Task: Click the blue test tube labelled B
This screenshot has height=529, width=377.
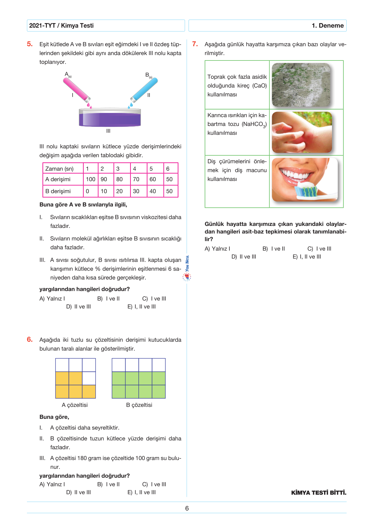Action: [144, 90]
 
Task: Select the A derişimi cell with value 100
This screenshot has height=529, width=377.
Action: [91, 179]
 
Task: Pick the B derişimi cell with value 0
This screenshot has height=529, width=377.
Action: [88, 191]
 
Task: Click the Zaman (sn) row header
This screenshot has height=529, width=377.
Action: [60, 169]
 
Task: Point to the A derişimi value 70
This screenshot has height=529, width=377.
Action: [136, 179]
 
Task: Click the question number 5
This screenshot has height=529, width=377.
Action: [30, 44]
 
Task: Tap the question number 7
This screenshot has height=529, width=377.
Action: [195, 44]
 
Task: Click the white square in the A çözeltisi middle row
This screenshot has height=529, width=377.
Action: [89, 378]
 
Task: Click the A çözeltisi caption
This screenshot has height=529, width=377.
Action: [75, 405]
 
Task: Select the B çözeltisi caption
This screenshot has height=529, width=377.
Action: [139, 405]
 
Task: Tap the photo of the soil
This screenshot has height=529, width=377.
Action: [301, 85]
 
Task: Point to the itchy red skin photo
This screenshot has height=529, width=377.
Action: [302, 132]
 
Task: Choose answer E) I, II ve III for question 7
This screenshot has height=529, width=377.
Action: [307, 257]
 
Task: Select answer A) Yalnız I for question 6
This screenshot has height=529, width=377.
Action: [52, 484]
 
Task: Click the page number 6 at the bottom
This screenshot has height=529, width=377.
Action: [187, 508]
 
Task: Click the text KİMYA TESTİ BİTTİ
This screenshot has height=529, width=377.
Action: [319, 493]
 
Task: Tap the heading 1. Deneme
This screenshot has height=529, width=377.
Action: [328, 26]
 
